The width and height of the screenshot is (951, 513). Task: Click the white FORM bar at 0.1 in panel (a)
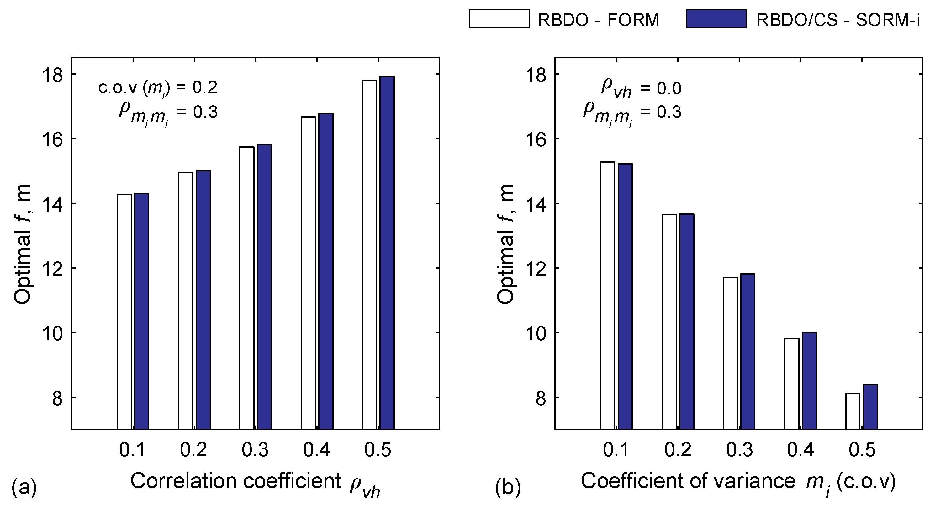[124, 311]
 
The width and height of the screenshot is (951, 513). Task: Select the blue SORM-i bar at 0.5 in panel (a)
[387, 253]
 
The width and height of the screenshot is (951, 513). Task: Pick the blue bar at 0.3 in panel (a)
[264, 287]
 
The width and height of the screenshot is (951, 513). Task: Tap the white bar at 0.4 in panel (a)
[308, 273]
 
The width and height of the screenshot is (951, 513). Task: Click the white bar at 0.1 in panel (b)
[607, 295]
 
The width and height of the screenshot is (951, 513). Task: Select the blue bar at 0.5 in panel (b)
[870, 407]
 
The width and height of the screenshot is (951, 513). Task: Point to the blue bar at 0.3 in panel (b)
[748, 351]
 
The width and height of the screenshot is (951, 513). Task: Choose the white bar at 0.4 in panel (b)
[791, 384]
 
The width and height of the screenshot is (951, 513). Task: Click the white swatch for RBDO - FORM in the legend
[499, 19]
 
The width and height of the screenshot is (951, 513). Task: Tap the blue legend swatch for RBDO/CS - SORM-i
[716, 19]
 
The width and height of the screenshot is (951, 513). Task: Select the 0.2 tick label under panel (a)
[193, 450]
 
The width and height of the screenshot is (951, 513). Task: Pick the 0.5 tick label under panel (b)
[862, 450]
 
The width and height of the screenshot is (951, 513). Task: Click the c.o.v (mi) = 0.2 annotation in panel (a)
[158, 88]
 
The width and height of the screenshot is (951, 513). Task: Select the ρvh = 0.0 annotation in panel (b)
[641, 89]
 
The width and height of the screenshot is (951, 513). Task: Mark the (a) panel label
[24, 487]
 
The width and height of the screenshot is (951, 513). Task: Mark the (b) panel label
[508, 487]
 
